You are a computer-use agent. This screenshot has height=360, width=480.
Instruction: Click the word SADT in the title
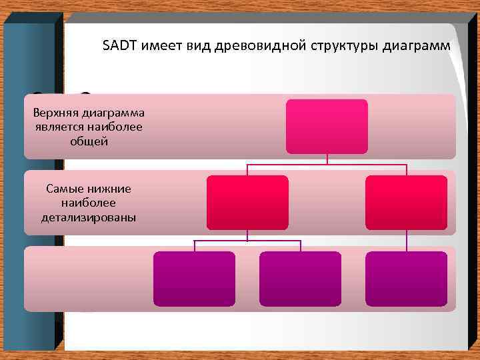click(117, 46)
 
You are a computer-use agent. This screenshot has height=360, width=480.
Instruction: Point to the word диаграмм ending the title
click(417, 46)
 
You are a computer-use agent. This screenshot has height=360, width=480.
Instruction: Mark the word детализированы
click(88, 217)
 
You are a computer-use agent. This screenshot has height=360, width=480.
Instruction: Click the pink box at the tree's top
click(327, 127)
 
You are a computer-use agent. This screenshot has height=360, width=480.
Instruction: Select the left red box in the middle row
click(247, 203)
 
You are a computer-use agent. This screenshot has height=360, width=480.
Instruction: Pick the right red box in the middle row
click(407, 203)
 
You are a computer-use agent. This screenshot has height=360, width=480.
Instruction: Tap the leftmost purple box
click(194, 279)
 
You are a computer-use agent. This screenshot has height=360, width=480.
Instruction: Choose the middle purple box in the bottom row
click(300, 279)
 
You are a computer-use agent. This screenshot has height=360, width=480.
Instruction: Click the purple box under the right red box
click(407, 279)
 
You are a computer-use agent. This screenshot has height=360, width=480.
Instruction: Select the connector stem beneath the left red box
click(247, 235)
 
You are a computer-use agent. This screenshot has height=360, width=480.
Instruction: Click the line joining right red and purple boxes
click(407, 241)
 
